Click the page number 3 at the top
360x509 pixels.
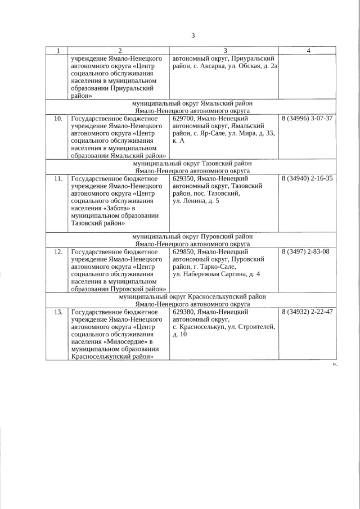point(192,35)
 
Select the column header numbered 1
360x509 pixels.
point(57,51)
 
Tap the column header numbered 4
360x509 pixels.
point(308,51)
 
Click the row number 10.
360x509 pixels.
point(57,119)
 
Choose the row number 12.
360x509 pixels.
point(57,251)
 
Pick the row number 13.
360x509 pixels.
point(57,312)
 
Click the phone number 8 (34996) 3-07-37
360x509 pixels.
point(307,119)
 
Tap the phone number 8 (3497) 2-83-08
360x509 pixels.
point(305,251)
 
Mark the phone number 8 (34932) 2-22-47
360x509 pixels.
point(307,312)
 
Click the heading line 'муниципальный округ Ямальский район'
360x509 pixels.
point(192,103)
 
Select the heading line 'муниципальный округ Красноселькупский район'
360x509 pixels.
point(192,296)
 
